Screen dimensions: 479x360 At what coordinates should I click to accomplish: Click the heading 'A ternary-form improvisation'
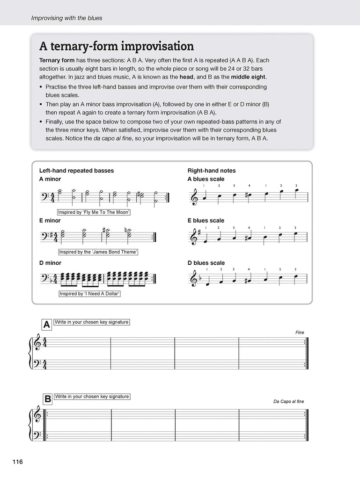(117, 46)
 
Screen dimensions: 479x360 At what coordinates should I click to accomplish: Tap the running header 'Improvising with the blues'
(66, 18)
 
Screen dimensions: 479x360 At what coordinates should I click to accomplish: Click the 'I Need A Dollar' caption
(87, 294)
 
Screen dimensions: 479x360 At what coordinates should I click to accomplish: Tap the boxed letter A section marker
(46, 324)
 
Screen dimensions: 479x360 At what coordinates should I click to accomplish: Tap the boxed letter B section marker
(47, 399)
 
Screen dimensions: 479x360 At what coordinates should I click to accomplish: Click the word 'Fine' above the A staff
(300, 333)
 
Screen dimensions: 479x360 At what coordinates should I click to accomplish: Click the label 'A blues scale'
(206, 179)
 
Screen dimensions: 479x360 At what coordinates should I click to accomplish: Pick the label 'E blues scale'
(206, 220)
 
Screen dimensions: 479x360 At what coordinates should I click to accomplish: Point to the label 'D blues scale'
(206, 263)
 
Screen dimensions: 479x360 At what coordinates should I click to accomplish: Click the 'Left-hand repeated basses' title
(76, 171)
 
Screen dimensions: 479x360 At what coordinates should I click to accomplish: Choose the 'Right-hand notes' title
(211, 171)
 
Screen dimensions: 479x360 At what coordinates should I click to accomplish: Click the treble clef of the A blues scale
(192, 196)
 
